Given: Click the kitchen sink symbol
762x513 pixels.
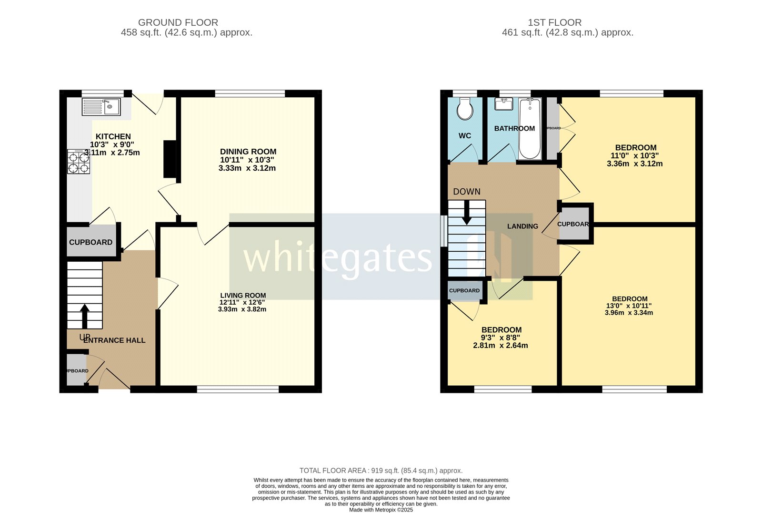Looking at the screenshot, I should click(101, 107).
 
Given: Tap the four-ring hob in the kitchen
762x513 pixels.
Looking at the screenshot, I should click(79, 162).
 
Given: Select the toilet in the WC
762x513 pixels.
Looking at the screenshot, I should click(465, 110).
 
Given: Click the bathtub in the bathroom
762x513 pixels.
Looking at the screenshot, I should click(530, 128).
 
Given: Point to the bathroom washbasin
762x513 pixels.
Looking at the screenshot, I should click(503, 103).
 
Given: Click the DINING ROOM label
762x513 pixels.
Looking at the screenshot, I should click(248, 152).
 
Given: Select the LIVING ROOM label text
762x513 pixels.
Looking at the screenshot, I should click(243, 295).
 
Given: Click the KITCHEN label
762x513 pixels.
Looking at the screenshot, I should click(113, 136).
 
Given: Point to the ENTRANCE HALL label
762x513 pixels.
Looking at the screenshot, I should click(114, 340).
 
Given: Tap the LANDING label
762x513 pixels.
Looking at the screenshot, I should click(522, 226).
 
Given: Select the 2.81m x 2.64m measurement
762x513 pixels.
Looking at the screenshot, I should click(500, 345).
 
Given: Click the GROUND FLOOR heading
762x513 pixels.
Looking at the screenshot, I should click(178, 22).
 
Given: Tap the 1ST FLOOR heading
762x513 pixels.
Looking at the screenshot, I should click(554, 22).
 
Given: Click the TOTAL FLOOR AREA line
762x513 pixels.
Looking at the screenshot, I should click(381, 471).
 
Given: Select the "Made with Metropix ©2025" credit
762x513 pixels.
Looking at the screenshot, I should click(381, 510).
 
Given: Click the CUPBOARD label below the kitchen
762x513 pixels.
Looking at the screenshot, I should click(90, 242).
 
